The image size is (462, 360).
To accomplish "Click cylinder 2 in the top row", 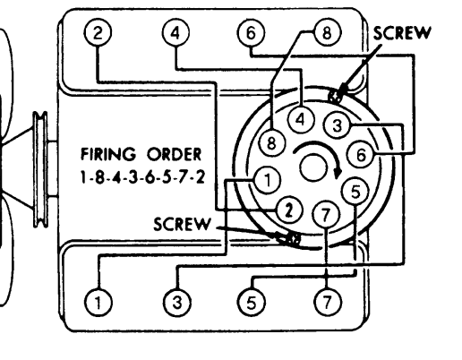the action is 98,32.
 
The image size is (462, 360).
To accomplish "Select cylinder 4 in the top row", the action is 175,32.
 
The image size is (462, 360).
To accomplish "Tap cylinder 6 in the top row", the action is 251,32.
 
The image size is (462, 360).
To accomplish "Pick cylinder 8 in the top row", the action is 327,32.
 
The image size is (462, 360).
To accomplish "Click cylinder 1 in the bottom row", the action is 98,303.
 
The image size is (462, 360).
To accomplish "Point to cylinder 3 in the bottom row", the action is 177,303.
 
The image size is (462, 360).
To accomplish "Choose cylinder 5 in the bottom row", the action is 252,303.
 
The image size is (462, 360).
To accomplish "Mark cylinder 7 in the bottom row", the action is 328,302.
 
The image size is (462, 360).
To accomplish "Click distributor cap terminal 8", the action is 271,143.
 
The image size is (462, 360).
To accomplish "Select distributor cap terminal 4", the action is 301,120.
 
